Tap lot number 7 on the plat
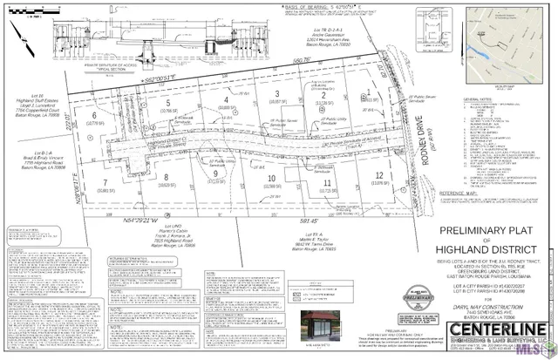click(107, 184)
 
